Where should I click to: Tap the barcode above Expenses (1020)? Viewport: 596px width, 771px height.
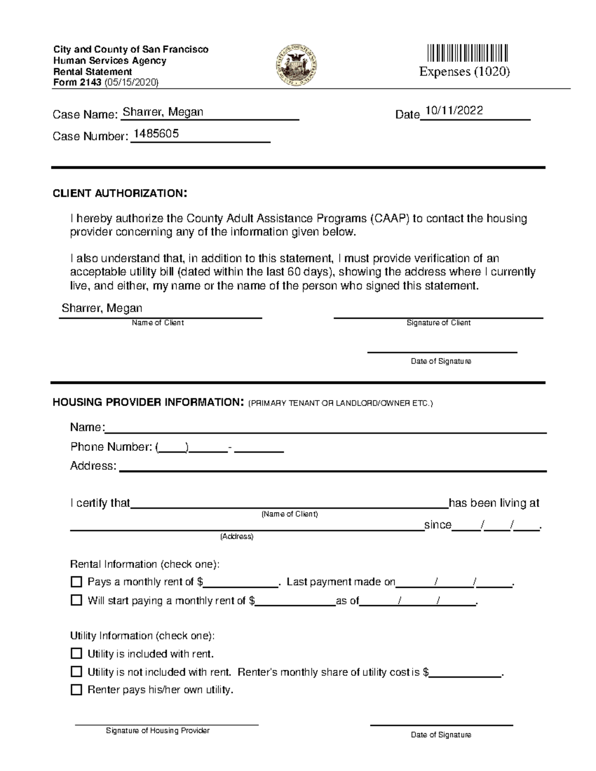[x=467, y=53]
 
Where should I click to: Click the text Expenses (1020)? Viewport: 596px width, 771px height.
[x=464, y=72]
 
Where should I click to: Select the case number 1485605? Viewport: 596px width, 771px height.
[x=156, y=134]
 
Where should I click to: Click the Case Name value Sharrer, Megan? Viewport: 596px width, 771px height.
[x=163, y=112]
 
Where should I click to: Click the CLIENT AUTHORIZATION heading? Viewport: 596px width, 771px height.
[x=120, y=194]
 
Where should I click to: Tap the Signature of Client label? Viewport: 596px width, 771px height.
[x=438, y=323]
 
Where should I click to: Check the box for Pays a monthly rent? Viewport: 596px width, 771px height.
[x=76, y=581]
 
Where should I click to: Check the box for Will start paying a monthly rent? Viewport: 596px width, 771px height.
[x=76, y=600]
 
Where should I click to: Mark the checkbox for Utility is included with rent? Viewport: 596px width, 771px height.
[x=76, y=653]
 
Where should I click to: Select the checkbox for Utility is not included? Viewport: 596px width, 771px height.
[x=76, y=672]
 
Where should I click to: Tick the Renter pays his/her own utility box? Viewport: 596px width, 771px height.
[x=76, y=690]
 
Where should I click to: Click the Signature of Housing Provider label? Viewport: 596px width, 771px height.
[x=157, y=731]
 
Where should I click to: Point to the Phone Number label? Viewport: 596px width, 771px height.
[x=111, y=447]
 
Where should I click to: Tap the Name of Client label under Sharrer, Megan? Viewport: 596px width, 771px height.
[x=157, y=323]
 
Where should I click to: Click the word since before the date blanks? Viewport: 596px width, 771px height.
[x=438, y=525]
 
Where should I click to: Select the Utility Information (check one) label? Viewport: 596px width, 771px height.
[x=142, y=635]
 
